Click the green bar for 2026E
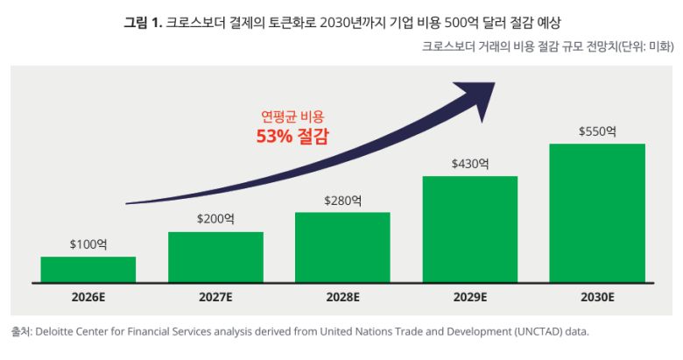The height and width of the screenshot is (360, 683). (x=88, y=269)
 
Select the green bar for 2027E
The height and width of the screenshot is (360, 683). (x=215, y=257)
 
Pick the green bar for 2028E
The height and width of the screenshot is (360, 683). (x=342, y=247)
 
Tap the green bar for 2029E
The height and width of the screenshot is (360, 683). (x=470, y=229)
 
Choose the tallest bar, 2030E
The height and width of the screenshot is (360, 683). (x=597, y=213)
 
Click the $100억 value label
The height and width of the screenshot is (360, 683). (x=88, y=245)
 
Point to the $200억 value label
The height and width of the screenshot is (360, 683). (x=215, y=220)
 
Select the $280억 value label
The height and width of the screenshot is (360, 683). (x=342, y=201)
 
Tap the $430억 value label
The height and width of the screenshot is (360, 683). (x=470, y=164)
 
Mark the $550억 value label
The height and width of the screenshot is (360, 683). (x=597, y=131)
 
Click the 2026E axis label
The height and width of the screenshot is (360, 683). (x=88, y=297)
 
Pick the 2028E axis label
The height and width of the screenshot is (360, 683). (x=342, y=297)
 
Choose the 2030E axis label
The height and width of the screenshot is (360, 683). (x=597, y=297)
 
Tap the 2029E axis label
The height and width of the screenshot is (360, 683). (x=470, y=297)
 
